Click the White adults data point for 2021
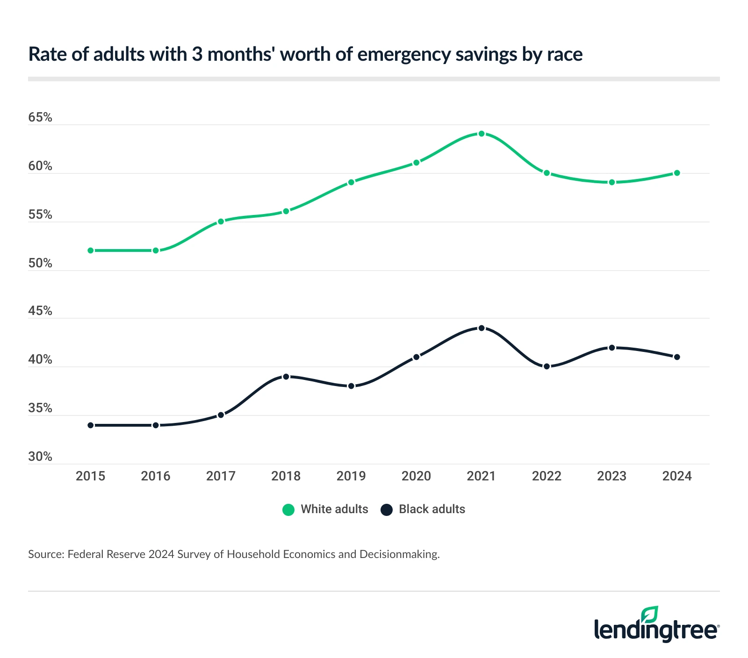click(x=482, y=134)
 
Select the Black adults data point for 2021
click(x=482, y=328)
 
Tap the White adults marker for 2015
click(x=91, y=250)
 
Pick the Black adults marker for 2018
click(x=286, y=376)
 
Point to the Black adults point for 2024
click(x=677, y=357)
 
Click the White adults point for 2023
click(x=611, y=182)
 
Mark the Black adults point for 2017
click(x=221, y=415)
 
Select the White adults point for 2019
click(x=351, y=182)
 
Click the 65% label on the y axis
click(x=40, y=117)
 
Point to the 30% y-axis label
click(x=40, y=457)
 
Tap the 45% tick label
click(x=40, y=311)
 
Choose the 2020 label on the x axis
click(x=416, y=476)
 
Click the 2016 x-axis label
click(x=156, y=476)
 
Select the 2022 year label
click(x=547, y=476)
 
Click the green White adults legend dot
click(x=288, y=510)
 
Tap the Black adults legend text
click(x=432, y=509)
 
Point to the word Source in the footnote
click(x=45, y=555)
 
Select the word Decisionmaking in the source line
click(x=399, y=555)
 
